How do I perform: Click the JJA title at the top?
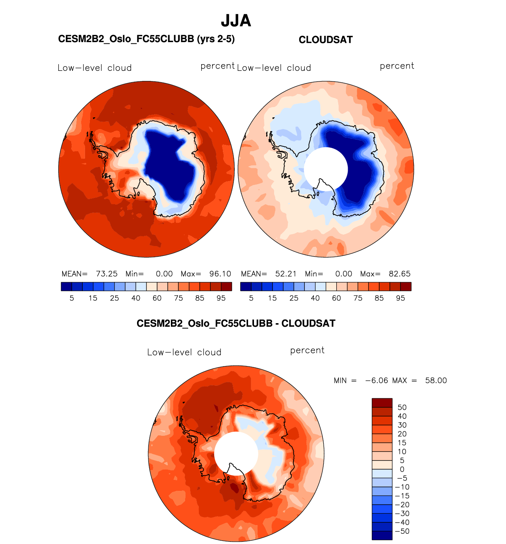pos(236,21)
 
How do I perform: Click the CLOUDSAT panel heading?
pos(326,40)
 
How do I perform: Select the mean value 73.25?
pos(107,274)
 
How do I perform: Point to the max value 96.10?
pos(220,274)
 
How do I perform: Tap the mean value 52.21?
pos(286,274)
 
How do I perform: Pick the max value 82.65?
pos(399,274)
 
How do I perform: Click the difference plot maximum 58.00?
pos(436,381)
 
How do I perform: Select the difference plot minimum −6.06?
pos(376,381)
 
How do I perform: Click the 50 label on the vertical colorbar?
pos(402,407)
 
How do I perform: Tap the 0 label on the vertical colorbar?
pos(402,469)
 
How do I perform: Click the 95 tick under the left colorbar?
pos(221,298)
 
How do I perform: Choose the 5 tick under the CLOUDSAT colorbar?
pos(251,298)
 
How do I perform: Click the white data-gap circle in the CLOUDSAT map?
pos(326,169)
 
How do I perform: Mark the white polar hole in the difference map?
pos(236,453)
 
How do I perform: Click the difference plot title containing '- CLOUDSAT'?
pos(236,324)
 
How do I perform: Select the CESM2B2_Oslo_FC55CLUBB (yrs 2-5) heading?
pos(146,39)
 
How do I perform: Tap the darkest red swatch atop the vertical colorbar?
pos(382,403)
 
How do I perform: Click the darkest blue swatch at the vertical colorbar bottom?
pos(382,535)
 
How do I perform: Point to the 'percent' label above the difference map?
pos(307,350)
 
